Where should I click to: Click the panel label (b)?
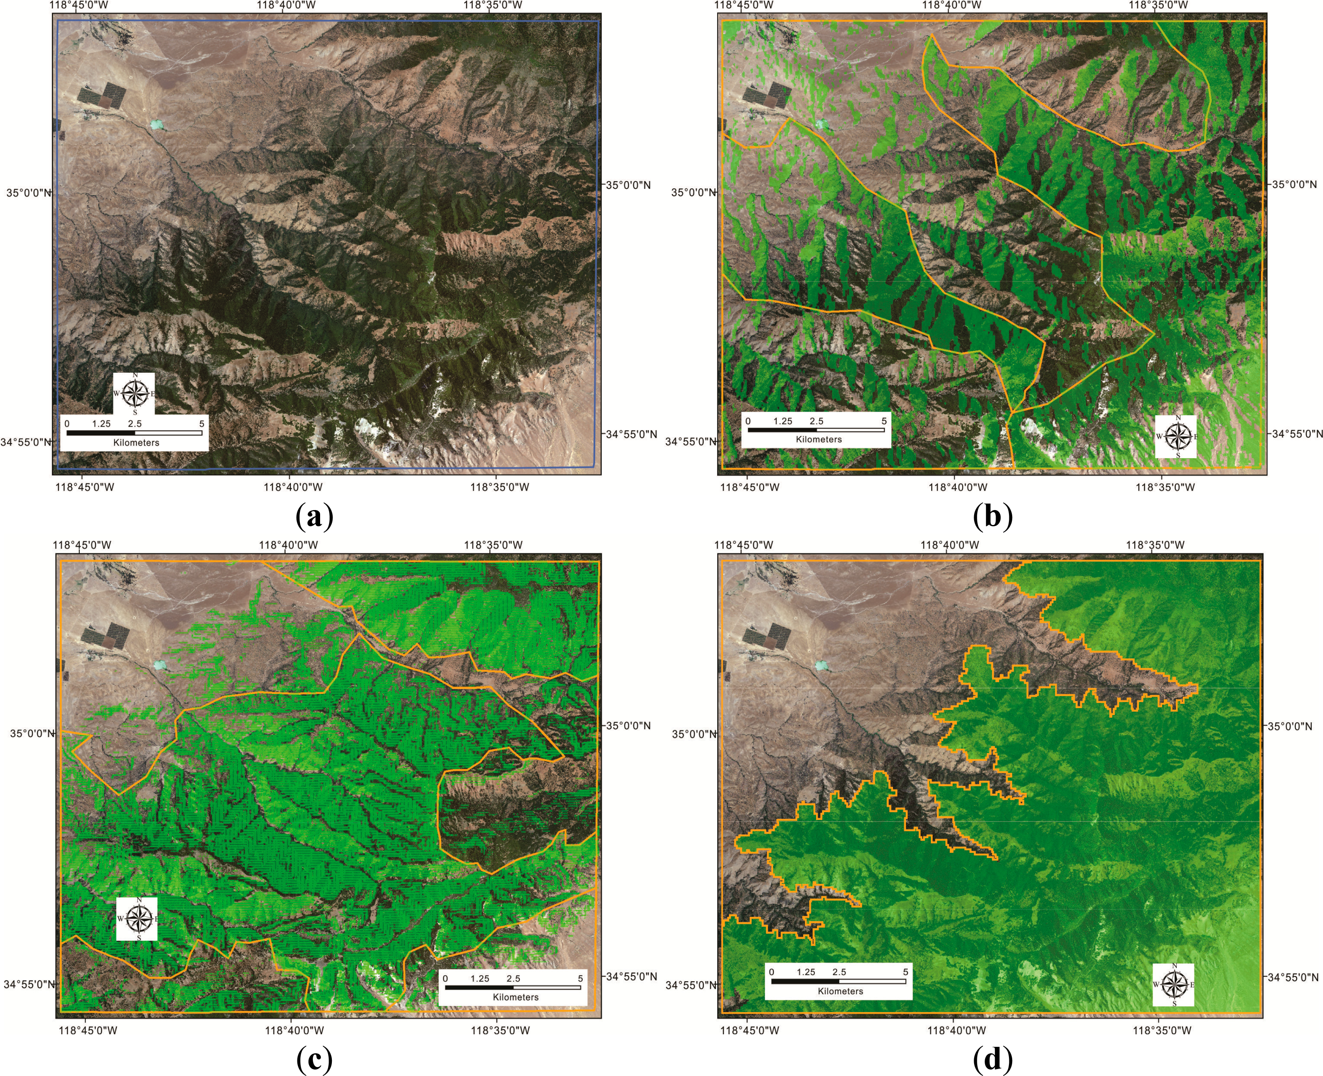993,516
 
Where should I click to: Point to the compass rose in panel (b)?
1176,436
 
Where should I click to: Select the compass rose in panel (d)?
1173,984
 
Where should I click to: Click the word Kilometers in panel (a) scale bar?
136,442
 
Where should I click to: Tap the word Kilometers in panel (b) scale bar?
819,440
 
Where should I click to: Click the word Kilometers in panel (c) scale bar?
515,997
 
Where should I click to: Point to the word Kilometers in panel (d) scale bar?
840,991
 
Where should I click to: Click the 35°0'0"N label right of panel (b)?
1292,184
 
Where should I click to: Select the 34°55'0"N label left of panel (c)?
28,984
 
